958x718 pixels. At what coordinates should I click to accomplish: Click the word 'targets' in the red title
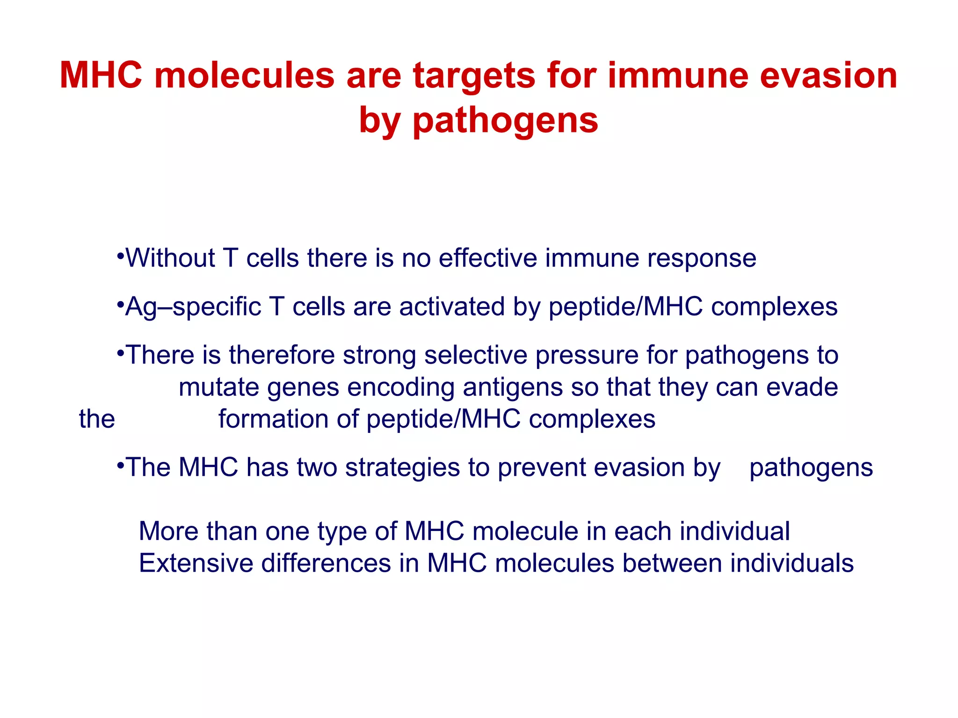coord(473,76)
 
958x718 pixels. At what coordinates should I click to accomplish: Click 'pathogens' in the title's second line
coord(505,121)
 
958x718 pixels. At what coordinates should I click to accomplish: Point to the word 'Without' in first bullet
coord(170,258)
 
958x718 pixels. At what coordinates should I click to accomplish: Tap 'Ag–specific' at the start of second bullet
coord(193,308)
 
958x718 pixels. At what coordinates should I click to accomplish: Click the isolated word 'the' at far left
coord(97,419)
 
